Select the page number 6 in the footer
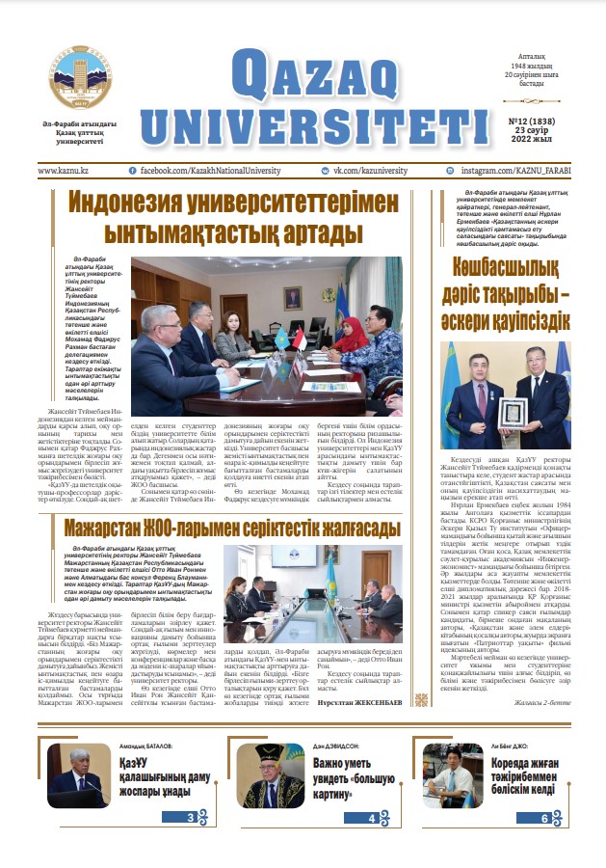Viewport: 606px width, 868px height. pyautogui.click(x=544, y=818)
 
